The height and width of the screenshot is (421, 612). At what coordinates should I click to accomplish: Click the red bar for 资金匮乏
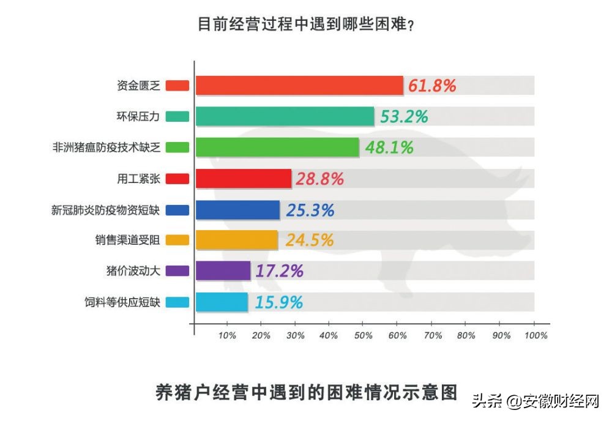[x=299, y=86]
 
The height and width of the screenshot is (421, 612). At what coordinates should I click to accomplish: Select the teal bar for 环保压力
[x=285, y=116]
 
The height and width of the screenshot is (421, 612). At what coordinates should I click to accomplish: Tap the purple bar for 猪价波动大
[x=223, y=270]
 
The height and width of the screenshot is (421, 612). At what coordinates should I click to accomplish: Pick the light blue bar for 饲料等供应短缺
[x=222, y=302]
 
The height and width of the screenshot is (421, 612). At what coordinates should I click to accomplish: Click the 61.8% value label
[x=432, y=86]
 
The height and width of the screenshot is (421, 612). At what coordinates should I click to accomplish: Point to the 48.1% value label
[x=389, y=147]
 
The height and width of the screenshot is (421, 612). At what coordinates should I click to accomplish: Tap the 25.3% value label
[x=310, y=210]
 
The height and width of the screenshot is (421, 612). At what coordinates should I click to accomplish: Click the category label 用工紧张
[x=138, y=179]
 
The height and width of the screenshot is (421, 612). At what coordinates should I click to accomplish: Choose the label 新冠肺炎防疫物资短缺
[x=105, y=210]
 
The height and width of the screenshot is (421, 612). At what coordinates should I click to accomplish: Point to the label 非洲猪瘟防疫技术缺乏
[x=106, y=147]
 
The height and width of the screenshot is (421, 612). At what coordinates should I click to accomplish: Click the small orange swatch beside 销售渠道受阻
[x=177, y=240]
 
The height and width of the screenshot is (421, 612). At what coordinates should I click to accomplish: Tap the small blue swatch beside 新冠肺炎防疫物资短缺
[x=177, y=210]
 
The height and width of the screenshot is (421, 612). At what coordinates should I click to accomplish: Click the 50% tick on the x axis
[x=363, y=335]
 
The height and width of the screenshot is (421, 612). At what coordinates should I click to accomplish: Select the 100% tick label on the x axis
[x=535, y=335]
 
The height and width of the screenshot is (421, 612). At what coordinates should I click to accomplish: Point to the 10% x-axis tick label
[x=227, y=335]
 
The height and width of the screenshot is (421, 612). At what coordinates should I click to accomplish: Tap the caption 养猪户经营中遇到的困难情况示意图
[x=307, y=392]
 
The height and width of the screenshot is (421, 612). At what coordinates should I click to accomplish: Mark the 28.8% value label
[x=319, y=179]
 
